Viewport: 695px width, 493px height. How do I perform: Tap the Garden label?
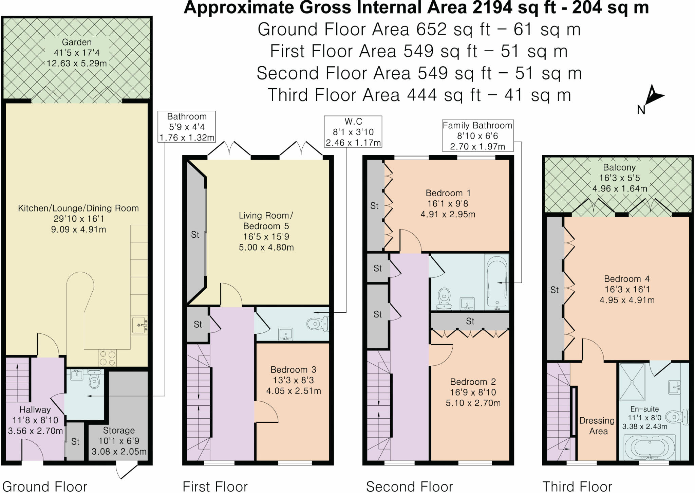[77, 42]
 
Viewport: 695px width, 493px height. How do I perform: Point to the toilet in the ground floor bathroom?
[94, 379]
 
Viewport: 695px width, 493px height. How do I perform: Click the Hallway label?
[35, 409]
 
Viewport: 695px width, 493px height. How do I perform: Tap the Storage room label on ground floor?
[119, 430]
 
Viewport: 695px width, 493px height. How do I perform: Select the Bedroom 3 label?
[293, 369]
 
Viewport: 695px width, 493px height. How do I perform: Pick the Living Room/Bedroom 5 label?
[266, 221]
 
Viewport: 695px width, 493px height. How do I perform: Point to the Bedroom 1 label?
[448, 193]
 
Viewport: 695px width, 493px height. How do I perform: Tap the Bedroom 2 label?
[473, 382]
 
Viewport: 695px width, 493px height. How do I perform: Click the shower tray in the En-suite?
[632, 382]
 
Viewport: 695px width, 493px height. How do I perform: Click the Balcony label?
[619, 167]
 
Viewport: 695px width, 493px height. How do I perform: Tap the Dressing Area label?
[597, 426]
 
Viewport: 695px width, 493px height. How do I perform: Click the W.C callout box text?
[353, 132]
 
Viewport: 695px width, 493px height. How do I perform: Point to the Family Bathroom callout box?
[477, 136]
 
